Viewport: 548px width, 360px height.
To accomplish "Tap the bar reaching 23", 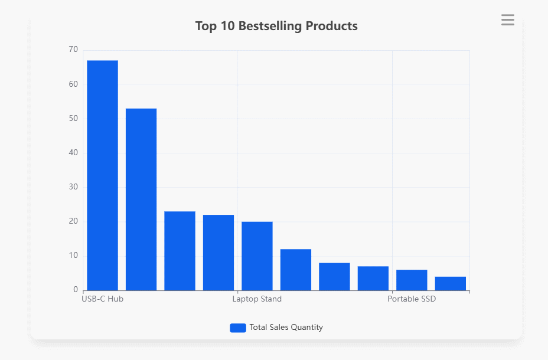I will (180, 251).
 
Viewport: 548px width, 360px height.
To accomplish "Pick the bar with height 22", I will (218, 253).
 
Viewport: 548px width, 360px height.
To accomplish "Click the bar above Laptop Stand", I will (257, 256).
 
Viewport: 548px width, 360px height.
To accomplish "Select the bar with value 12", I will (296, 270).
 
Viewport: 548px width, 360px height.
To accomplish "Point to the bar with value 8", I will (334, 277).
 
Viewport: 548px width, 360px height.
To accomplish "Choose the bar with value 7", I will (373, 279).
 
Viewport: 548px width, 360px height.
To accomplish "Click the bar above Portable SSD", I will (412, 280).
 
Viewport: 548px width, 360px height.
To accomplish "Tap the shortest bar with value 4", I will (451, 284).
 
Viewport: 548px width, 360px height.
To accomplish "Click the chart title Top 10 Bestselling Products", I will (276, 26).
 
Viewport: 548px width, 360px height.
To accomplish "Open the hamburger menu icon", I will (508, 20).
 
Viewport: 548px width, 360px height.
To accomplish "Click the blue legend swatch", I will (238, 328).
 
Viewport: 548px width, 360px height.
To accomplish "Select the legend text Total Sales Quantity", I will (286, 328).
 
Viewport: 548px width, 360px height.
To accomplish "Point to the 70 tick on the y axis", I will (73, 50).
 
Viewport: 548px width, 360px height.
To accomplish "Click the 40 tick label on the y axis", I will (73, 153).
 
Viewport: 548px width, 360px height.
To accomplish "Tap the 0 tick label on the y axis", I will (76, 290).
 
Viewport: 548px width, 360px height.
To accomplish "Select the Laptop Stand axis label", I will (257, 299).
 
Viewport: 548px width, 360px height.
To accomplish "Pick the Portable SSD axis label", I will (412, 299).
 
